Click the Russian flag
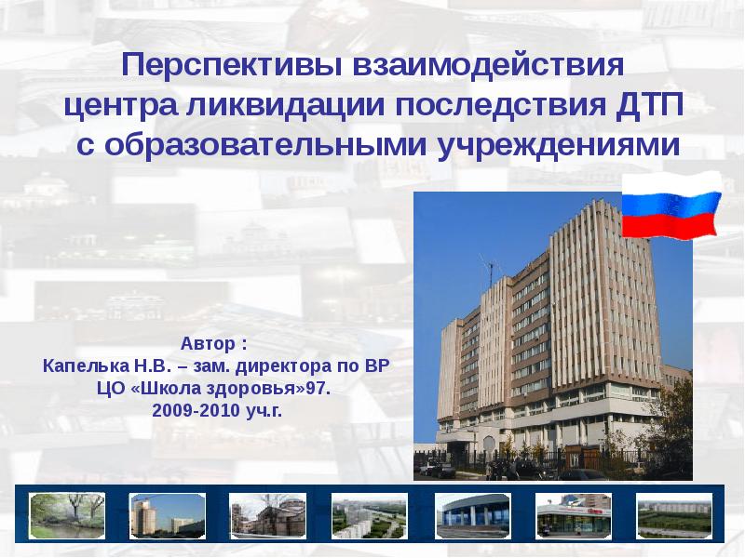tap(670, 206)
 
